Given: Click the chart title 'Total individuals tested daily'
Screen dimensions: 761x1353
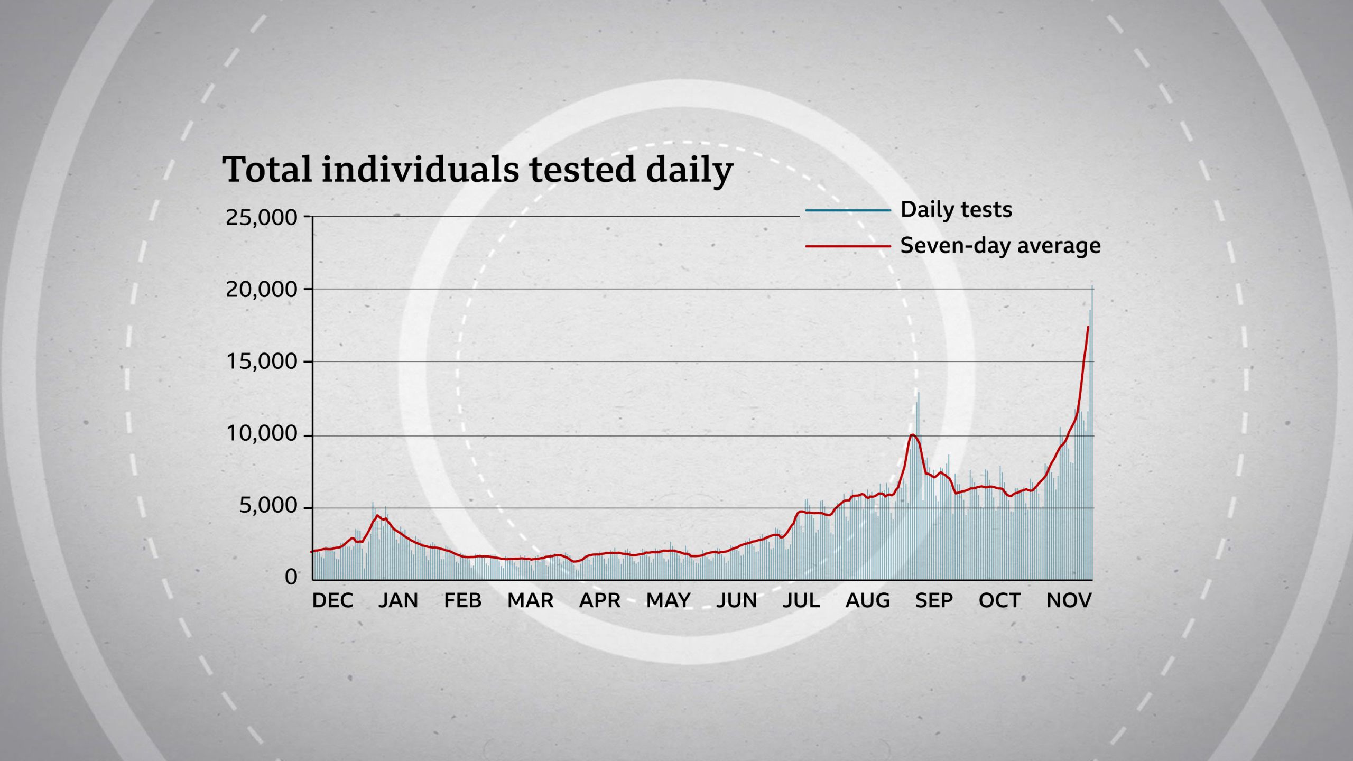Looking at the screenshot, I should (477, 170).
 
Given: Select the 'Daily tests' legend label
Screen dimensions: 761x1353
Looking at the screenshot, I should (956, 210).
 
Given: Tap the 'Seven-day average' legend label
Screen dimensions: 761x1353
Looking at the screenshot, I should (1000, 246).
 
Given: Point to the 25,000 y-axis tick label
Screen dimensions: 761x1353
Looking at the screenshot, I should (262, 217).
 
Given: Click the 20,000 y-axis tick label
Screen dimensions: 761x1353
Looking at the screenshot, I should (262, 290).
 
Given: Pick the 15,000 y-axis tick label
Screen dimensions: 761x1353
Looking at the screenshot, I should (262, 362).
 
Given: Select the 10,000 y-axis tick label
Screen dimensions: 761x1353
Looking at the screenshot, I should (262, 434).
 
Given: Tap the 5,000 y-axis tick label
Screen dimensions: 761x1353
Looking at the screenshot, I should (268, 506).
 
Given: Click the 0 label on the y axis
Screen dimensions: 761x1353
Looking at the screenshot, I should (291, 577).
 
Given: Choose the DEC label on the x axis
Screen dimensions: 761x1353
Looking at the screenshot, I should (332, 600).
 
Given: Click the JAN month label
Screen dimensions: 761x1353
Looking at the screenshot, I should (398, 600).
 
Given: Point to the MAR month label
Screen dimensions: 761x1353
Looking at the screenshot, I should (530, 600).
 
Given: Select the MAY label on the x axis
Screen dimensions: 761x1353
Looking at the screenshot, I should (668, 600).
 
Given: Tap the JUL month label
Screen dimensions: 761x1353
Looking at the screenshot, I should (801, 600).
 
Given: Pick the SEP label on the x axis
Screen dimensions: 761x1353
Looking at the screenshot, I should (934, 600).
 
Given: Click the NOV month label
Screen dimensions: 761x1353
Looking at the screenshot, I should (1069, 600).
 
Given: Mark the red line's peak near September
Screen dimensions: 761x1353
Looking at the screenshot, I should (912, 435).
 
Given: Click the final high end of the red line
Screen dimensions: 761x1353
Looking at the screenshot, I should (1088, 327).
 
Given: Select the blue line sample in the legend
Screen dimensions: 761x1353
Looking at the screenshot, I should (848, 210).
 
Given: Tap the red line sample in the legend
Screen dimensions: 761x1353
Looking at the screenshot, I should (848, 246).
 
